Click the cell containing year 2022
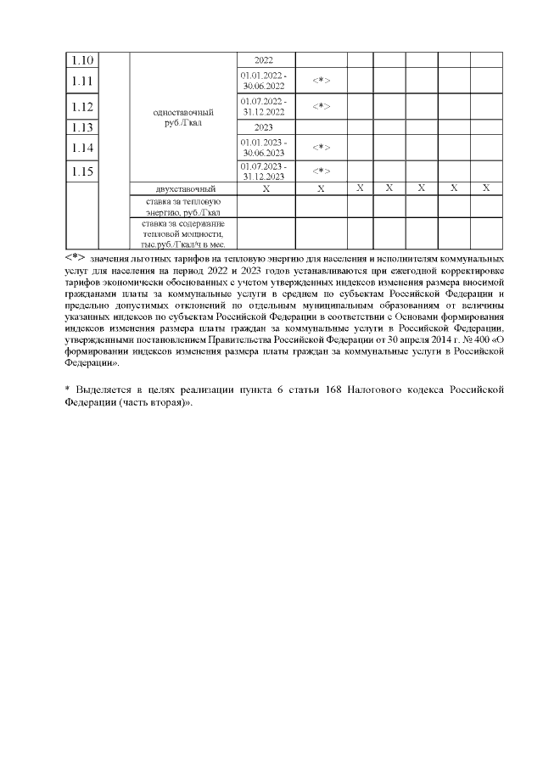click(x=264, y=60)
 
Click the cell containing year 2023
click(x=264, y=128)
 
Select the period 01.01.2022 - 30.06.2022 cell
click(x=264, y=81)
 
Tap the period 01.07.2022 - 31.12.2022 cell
click(x=264, y=107)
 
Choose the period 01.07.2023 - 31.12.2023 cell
click(x=264, y=171)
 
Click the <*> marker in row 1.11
click(x=321, y=81)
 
